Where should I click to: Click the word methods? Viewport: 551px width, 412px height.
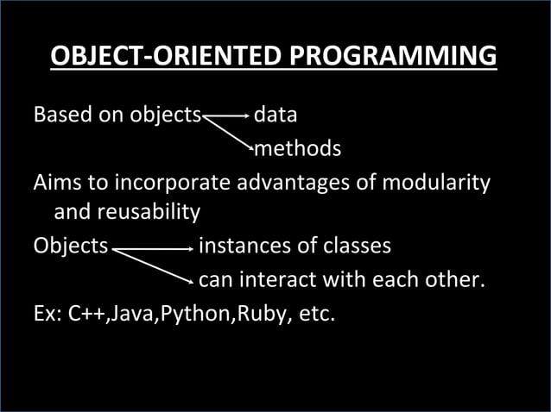point(297,149)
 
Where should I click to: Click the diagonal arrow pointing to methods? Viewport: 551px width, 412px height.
point(227,133)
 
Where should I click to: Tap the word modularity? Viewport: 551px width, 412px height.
point(436,184)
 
